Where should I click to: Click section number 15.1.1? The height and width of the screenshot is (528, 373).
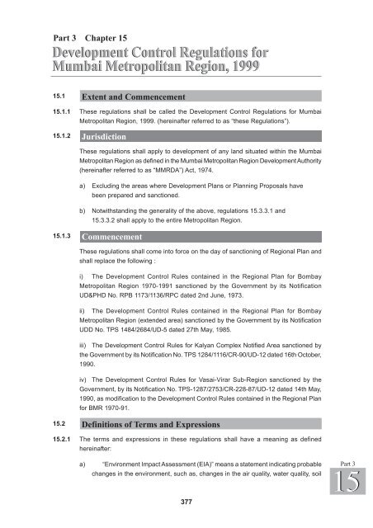pos(57,111)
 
